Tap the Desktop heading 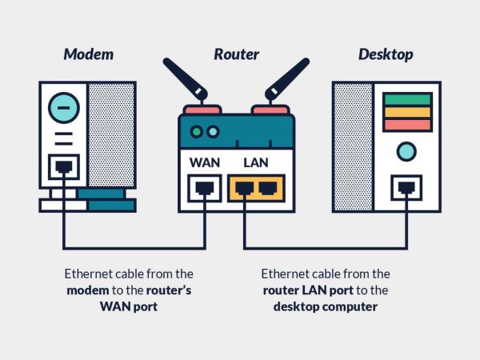tap(385, 54)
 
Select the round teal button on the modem tap(63, 105)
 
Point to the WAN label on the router tap(205, 162)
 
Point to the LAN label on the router tap(256, 162)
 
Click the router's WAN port tap(205, 189)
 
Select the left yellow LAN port tap(246, 189)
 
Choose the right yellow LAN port tap(267, 189)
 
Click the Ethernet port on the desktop tap(407, 189)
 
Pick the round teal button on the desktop tap(407, 150)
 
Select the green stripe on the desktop tap(407, 99)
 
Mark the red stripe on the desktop tap(407, 124)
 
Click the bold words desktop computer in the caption tap(325, 306)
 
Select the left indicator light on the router tap(197, 130)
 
